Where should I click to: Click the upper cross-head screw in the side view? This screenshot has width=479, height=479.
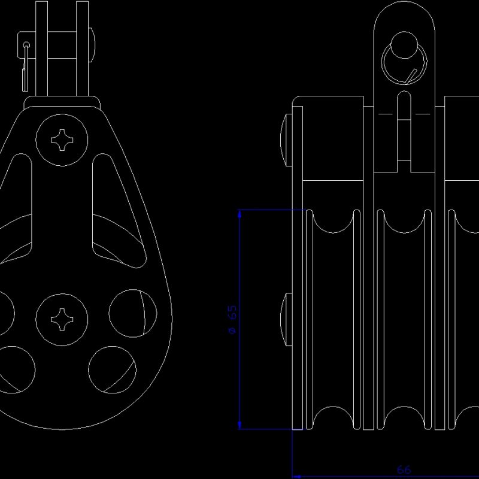(x=62, y=141)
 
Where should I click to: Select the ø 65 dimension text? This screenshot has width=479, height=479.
(x=232, y=320)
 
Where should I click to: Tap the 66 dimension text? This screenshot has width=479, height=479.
(x=404, y=470)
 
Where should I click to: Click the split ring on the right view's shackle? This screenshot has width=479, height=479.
(x=403, y=59)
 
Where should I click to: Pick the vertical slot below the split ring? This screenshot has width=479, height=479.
(x=404, y=129)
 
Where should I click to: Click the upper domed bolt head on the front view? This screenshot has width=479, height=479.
(x=286, y=139)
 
